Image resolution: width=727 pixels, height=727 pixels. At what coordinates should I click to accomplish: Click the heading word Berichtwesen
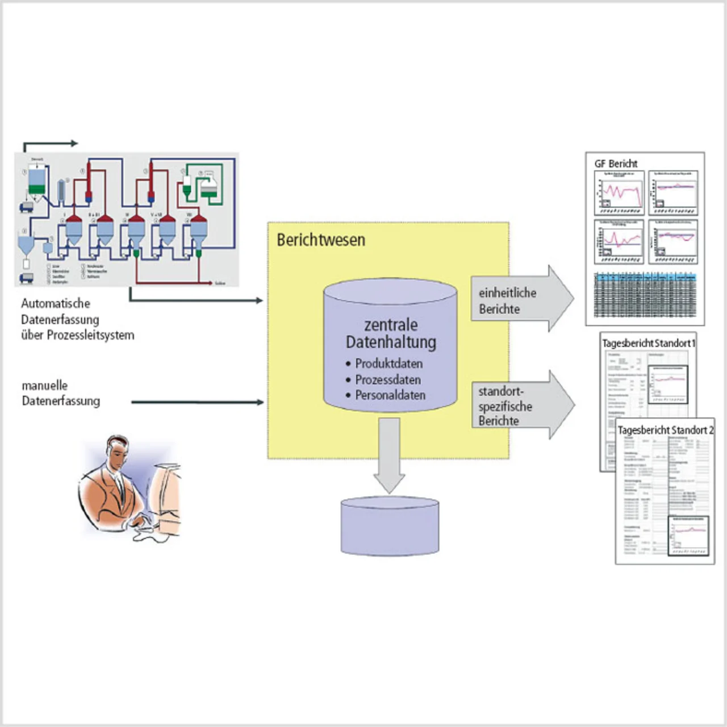pos(321,240)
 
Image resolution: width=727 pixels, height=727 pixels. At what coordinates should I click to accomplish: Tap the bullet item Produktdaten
pos(388,363)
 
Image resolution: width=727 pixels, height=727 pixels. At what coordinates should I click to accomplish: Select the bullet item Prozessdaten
pos(388,379)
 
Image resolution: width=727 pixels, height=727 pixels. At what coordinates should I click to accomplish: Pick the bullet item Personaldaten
pos(390,395)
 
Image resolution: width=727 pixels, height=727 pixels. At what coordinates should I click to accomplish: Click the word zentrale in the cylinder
pos(391,325)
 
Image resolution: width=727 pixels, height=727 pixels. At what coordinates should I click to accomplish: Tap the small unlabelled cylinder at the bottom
pos(390,526)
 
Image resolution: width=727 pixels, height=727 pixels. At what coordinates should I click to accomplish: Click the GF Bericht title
pos(616,164)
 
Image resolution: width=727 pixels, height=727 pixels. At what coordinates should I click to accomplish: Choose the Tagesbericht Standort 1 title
pos(648,343)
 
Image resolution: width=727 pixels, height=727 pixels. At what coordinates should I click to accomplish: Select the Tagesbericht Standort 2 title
pos(665,430)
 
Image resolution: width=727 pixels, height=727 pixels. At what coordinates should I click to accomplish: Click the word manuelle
pos(44,386)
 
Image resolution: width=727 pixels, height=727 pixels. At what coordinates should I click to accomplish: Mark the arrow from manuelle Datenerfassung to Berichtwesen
pos(197,402)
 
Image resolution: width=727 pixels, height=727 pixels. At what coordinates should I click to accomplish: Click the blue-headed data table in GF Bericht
pos(645,295)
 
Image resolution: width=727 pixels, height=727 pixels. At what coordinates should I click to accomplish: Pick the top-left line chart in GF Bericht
pos(619,193)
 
